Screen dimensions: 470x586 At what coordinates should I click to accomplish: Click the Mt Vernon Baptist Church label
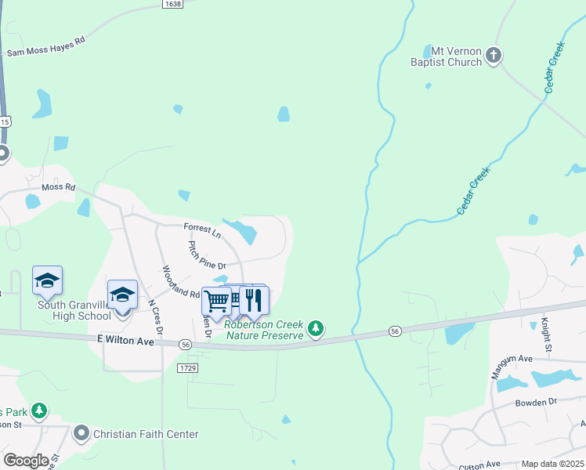click(x=447, y=56)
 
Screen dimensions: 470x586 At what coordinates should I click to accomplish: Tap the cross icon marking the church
click(x=494, y=55)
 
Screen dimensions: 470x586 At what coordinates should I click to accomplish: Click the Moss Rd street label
click(x=58, y=187)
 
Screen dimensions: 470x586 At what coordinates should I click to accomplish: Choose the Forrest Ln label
click(x=202, y=230)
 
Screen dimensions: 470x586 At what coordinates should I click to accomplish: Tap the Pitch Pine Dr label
click(x=207, y=256)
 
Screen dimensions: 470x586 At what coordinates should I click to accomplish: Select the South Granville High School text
click(x=74, y=310)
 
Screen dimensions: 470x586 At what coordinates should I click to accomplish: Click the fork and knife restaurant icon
click(x=254, y=300)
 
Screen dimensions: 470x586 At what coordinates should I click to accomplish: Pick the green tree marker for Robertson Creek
click(x=315, y=328)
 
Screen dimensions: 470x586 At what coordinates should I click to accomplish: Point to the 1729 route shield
click(x=187, y=367)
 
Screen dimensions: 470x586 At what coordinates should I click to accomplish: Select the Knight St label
click(x=545, y=332)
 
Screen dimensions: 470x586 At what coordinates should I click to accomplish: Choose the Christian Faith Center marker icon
click(x=81, y=433)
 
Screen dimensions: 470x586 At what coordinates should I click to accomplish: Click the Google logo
click(x=26, y=461)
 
